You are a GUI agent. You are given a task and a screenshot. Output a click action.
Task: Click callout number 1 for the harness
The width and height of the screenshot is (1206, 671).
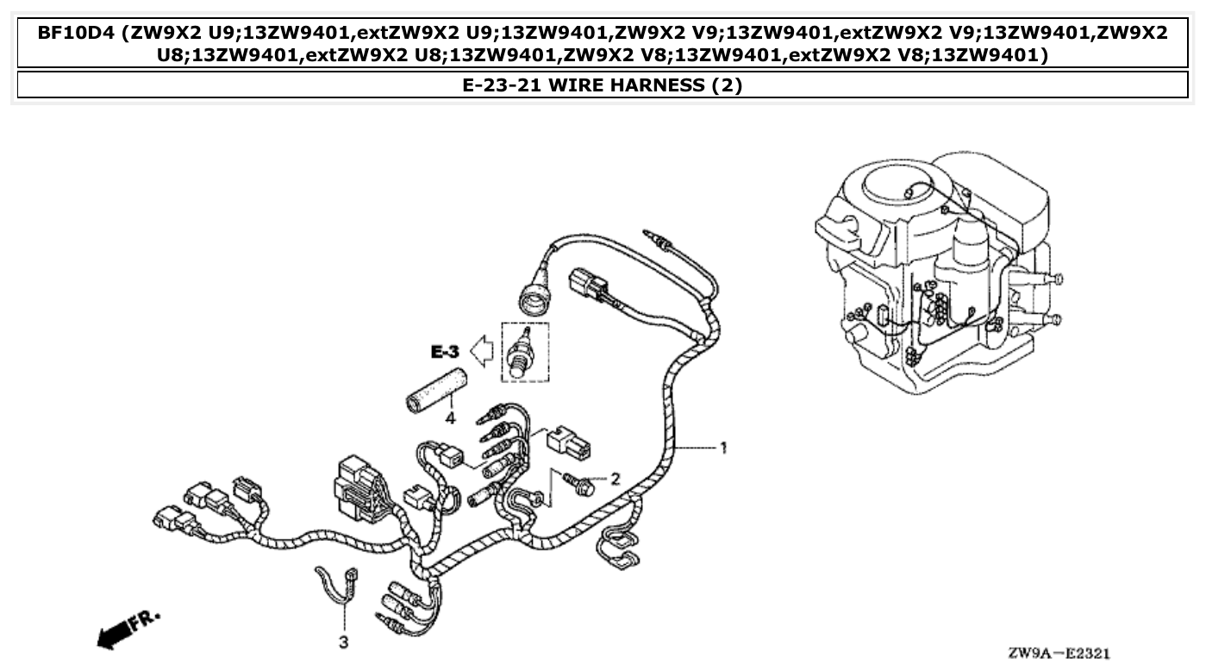point(723,448)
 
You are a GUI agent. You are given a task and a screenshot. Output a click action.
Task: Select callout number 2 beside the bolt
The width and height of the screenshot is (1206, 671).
point(615,478)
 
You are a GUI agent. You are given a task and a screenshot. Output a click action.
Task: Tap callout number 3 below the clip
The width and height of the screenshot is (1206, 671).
point(343,643)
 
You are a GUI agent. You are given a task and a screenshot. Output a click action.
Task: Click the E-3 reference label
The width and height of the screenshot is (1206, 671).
point(446,352)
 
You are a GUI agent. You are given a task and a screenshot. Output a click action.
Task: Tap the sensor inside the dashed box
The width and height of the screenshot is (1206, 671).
point(522,352)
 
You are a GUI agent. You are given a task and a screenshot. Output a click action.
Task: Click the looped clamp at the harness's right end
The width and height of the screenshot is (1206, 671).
point(618,549)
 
